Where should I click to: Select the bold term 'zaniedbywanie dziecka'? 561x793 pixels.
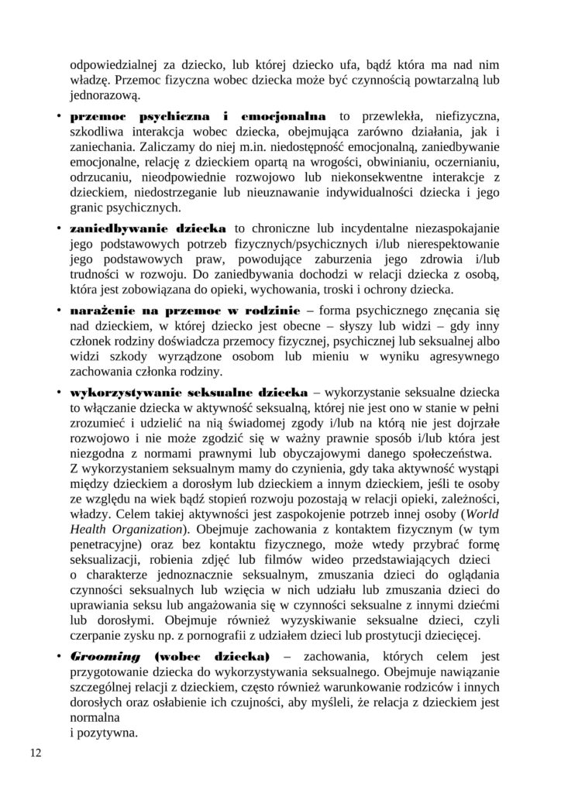148,229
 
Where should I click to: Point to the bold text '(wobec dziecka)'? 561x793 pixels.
211,656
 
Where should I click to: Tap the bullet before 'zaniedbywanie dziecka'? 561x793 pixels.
60,229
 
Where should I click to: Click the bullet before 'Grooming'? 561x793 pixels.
60,656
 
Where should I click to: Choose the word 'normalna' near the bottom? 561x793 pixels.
92,719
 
